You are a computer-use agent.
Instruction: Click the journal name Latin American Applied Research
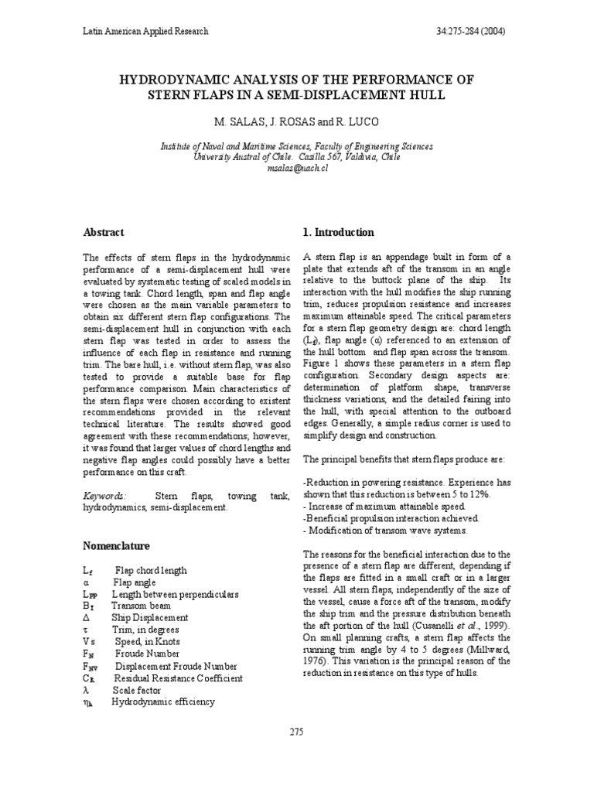[x=145, y=32]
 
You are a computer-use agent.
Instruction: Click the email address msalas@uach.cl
[x=296, y=168]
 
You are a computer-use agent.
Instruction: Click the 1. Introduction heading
[x=338, y=232]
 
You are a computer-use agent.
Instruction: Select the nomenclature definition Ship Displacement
[x=151, y=618]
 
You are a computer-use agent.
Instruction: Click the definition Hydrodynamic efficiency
[x=163, y=702]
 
